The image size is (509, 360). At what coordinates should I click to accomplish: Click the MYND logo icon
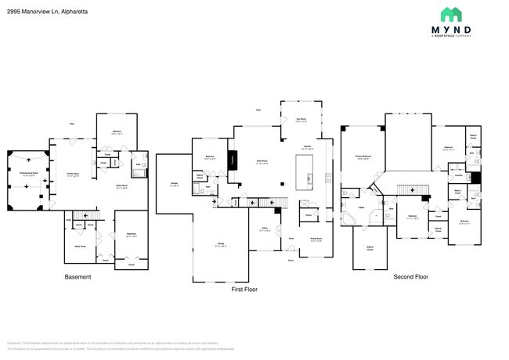(450, 15)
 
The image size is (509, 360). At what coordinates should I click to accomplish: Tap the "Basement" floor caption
(78, 277)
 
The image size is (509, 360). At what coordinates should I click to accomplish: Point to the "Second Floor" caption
(410, 276)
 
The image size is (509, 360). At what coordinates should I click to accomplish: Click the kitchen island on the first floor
(303, 172)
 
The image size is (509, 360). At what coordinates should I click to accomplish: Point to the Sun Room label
(301, 121)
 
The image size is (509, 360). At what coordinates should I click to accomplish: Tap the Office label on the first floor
(265, 229)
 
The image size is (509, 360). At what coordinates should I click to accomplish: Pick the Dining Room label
(316, 240)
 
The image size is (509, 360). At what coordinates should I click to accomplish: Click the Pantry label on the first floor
(309, 215)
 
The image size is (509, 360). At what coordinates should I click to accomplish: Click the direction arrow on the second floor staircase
(405, 191)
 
